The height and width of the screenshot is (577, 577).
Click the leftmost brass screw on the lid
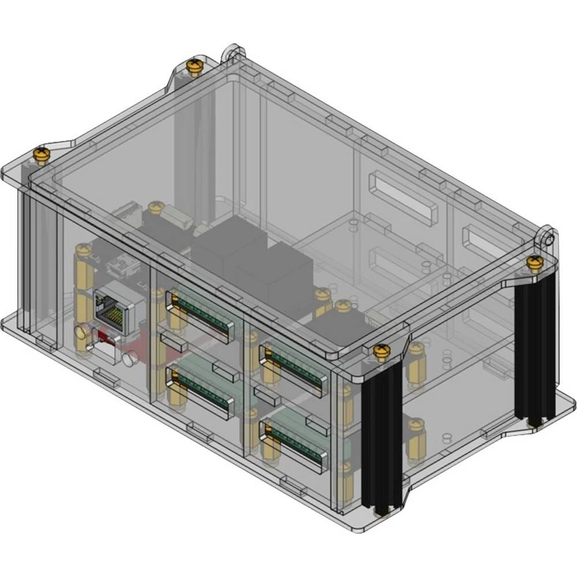click(x=40, y=154)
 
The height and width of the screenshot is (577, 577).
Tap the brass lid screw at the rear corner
click(x=194, y=68)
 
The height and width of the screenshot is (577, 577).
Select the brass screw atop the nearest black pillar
click(x=380, y=351)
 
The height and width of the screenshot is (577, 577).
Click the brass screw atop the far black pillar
click(x=534, y=263)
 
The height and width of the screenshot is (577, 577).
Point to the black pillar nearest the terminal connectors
click(x=381, y=439)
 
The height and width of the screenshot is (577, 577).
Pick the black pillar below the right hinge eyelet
click(x=534, y=352)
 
